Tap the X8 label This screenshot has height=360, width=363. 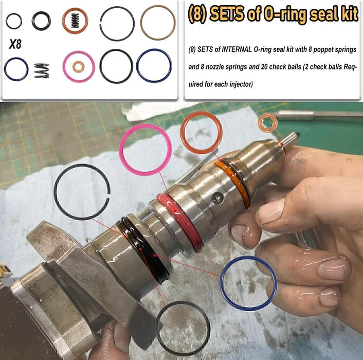pyautogui.click(x=15, y=45)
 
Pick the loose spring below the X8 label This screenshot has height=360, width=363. pyautogui.click(x=41, y=70)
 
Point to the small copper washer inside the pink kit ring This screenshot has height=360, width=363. pyautogui.click(x=79, y=66)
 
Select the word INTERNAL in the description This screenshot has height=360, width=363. pyautogui.click(x=237, y=49)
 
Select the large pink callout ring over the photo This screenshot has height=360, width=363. pyautogui.click(x=145, y=149)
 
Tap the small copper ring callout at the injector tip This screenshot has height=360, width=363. pyautogui.click(x=267, y=123)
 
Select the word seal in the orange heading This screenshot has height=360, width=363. pyautogui.click(x=316, y=14)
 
